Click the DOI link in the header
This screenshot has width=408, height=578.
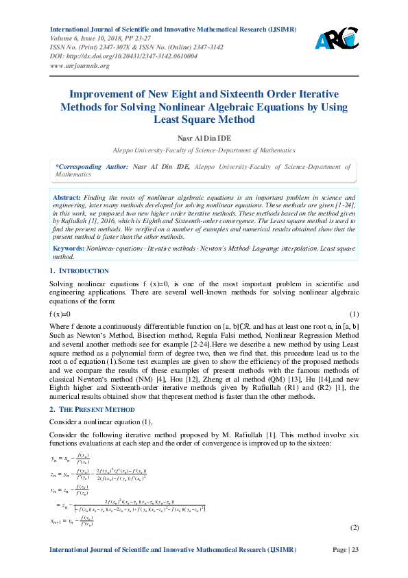pyautogui.click(x=124, y=56)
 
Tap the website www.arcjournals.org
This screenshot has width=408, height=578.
pyautogui.click(x=80, y=65)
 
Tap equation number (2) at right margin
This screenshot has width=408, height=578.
pyautogui.click(x=355, y=527)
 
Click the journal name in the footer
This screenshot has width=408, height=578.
pyautogui.click(x=173, y=550)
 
